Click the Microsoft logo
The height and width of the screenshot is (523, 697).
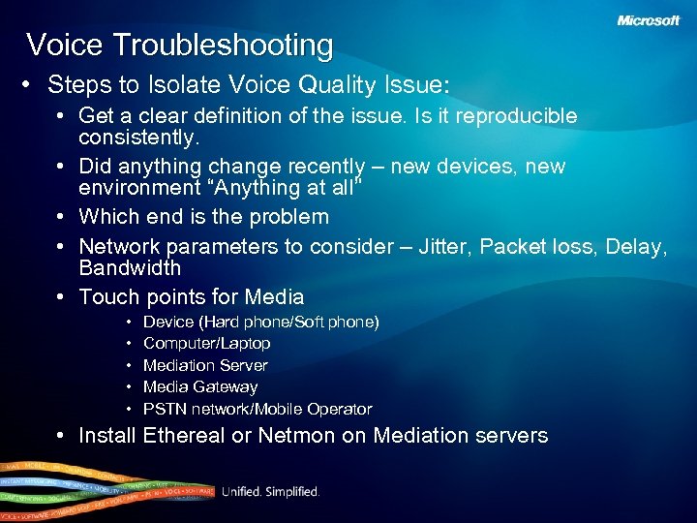(x=649, y=20)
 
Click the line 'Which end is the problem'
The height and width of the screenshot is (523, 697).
(x=203, y=217)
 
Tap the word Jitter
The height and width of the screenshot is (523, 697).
(x=448, y=247)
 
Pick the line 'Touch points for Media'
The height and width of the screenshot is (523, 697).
(x=191, y=297)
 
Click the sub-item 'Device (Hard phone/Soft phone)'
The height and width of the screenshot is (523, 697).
(x=260, y=322)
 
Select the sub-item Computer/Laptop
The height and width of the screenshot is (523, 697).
(x=206, y=344)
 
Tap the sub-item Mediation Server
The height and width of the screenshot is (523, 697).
(x=205, y=365)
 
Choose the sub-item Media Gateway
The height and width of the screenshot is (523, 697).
(x=200, y=386)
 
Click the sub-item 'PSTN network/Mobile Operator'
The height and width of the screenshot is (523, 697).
(x=258, y=409)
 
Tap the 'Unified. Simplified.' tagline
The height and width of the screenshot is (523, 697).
(x=270, y=492)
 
